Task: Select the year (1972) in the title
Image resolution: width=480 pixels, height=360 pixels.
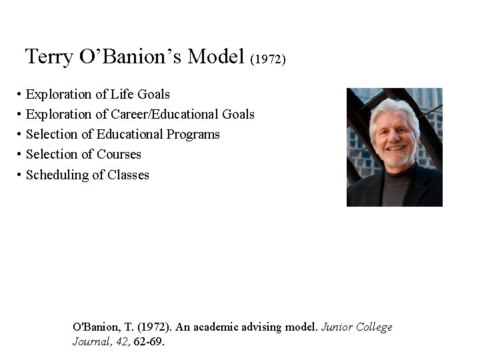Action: click(x=268, y=59)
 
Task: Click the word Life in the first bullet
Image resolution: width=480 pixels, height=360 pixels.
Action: click(x=123, y=94)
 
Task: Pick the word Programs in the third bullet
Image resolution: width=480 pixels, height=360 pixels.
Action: click(x=193, y=135)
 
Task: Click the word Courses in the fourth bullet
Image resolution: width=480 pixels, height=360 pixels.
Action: click(x=119, y=154)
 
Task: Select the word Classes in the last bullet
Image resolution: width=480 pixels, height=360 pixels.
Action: click(x=128, y=175)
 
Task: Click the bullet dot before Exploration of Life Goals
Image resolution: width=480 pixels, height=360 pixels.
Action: click(x=20, y=95)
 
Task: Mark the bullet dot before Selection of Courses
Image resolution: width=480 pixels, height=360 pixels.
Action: click(x=20, y=155)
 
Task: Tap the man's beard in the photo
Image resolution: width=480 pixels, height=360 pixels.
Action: click(x=397, y=159)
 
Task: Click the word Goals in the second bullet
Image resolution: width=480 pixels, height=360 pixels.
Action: click(x=238, y=114)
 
